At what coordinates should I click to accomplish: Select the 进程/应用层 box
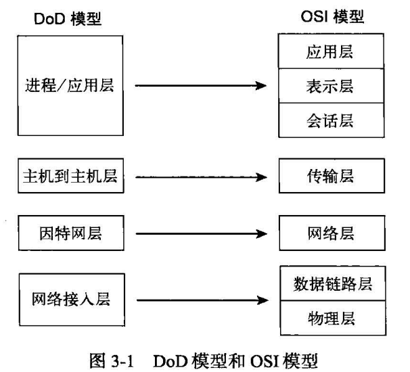70,87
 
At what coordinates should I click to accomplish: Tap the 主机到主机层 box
70,177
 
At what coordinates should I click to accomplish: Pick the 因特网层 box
70,233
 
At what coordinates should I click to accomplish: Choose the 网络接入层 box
70,298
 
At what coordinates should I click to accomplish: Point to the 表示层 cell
331,86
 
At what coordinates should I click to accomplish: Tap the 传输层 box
331,177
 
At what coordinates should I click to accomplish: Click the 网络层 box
331,233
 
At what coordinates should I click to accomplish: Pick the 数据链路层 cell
331,283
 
